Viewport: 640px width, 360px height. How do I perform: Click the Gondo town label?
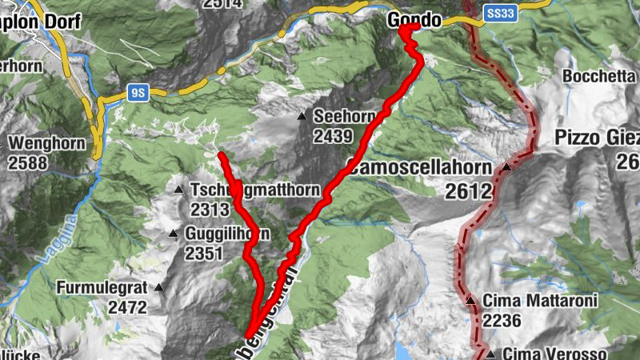click(x=414, y=19)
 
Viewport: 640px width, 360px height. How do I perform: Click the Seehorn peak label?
click(x=344, y=116)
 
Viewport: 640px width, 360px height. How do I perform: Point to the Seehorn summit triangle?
click(x=302, y=117)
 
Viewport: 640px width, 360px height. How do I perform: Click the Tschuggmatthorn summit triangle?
click(x=179, y=190)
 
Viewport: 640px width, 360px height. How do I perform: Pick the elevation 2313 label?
click(x=210, y=209)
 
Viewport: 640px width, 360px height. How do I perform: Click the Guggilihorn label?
click(x=227, y=234)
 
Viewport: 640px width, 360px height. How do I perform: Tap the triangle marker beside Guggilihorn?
click(x=173, y=234)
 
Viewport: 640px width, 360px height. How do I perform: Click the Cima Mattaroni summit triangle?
click(x=471, y=301)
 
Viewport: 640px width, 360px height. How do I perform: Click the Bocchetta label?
click(x=600, y=76)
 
